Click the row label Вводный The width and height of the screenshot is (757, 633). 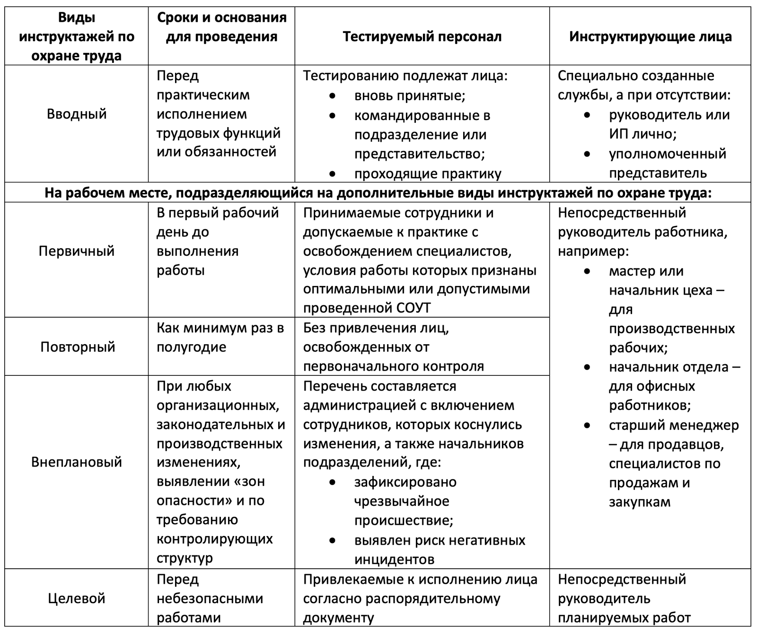pyautogui.click(x=77, y=114)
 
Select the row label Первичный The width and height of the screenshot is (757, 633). pyautogui.click(x=77, y=251)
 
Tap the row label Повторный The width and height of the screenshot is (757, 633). pyautogui.click(x=78, y=347)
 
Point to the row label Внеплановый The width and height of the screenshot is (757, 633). pyautogui.click(x=77, y=462)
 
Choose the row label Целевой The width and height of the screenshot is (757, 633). pyautogui.click(x=77, y=598)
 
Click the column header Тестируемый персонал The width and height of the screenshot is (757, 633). pyautogui.click(x=422, y=36)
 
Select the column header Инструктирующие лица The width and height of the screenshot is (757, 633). pyautogui.click(x=650, y=36)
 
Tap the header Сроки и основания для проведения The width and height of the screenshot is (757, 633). pyautogui.click(x=221, y=27)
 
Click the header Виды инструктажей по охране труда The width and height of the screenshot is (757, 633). pyautogui.click(x=77, y=36)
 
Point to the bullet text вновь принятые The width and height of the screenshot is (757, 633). pyautogui.click(x=410, y=95)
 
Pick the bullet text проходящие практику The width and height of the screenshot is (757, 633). pyautogui.click(x=427, y=173)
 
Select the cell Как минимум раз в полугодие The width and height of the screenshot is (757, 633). pyautogui.click(x=220, y=338)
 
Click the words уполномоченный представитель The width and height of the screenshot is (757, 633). pyautogui.click(x=667, y=163)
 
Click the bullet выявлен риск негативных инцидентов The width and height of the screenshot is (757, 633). pyautogui.click(x=439, y=550)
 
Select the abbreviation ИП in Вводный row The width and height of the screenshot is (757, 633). pyautogui.click(x=617, y=134)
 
